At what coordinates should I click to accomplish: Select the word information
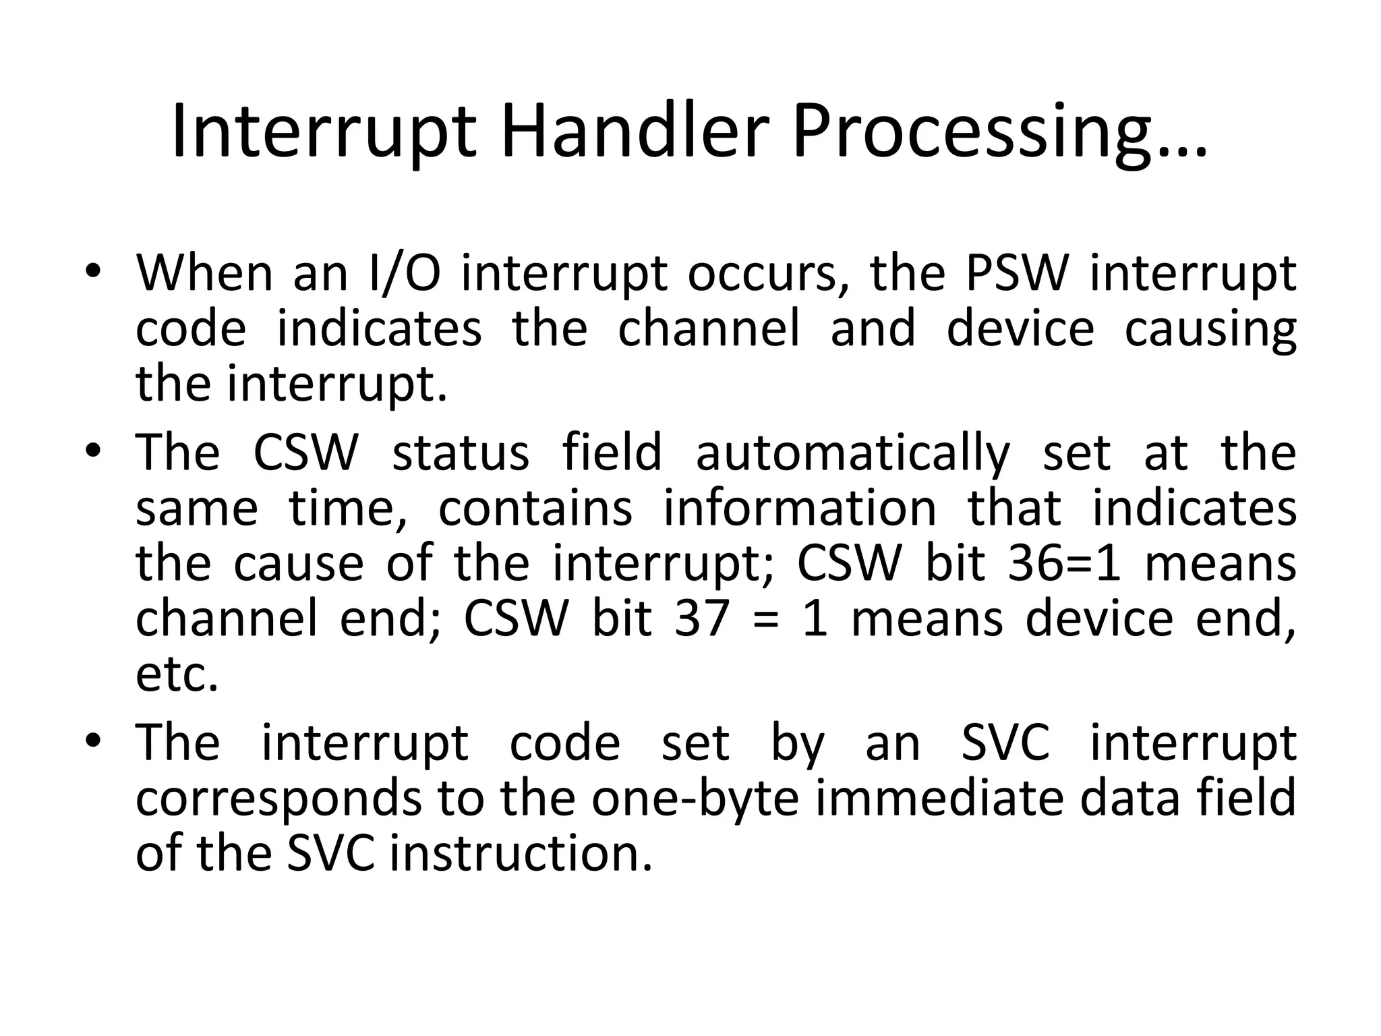click(x=800, y=508)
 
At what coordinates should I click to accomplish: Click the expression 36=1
click(x=1064, y=563)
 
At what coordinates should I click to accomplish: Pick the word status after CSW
click(x=461, y=453)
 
